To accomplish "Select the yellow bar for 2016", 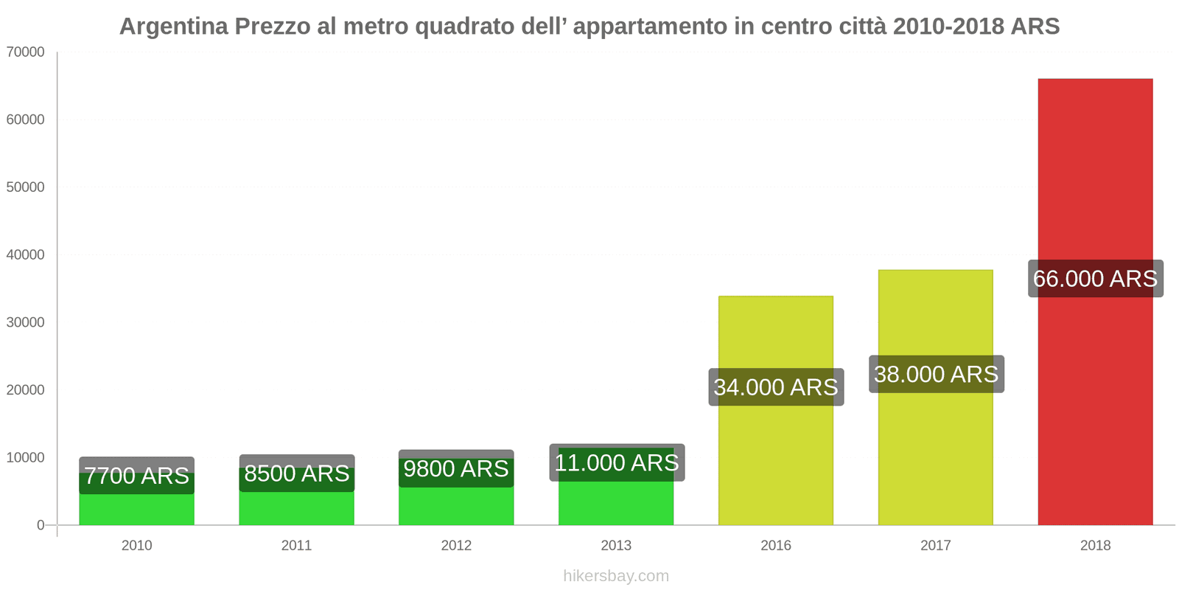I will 776,457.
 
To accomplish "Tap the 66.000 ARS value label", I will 1095,279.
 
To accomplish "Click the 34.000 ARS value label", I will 776,387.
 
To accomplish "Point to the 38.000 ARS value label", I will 936,374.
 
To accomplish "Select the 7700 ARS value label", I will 136,476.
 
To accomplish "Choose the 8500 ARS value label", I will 296,473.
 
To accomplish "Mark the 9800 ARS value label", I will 456,469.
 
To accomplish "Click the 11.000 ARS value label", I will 617,463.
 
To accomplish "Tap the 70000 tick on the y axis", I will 25,52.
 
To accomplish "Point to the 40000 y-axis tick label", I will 25,255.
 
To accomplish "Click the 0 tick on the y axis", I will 41,525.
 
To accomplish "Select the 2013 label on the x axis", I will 616,546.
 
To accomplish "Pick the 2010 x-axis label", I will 136,546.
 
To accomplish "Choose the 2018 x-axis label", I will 1095,546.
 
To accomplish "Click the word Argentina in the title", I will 173,27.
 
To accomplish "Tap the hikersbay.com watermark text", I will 616,576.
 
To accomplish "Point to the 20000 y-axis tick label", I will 25,390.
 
